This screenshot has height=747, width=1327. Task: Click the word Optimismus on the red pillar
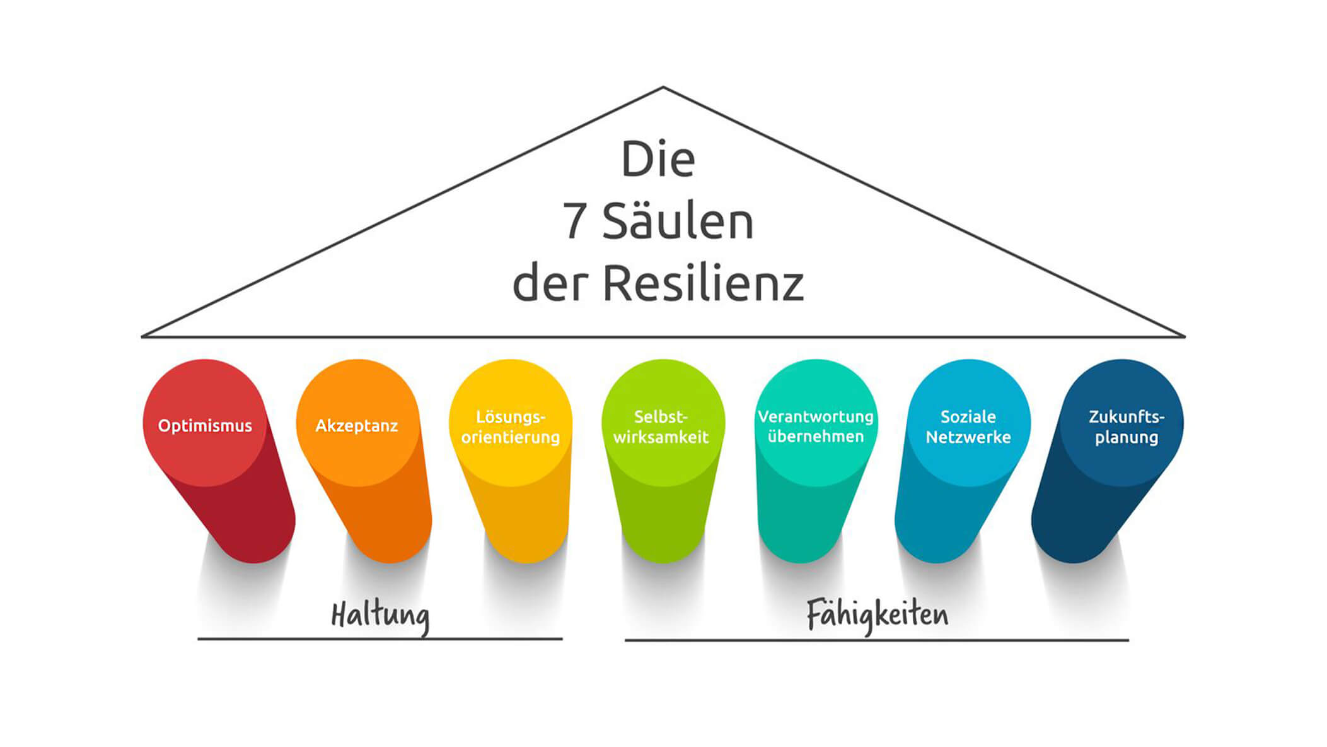205,426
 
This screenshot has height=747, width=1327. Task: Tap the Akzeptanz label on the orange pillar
357,426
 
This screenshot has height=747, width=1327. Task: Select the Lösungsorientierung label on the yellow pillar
511,426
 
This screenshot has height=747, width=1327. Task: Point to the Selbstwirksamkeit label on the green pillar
661,426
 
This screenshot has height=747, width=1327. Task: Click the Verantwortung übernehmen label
816,426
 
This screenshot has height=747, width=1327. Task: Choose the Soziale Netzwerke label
968,426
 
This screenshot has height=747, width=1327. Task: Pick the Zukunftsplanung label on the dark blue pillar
1127,426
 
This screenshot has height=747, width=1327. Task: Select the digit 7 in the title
574,221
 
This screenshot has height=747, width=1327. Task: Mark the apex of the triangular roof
663,87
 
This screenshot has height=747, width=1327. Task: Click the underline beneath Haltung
380,639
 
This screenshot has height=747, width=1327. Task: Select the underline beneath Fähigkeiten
877,640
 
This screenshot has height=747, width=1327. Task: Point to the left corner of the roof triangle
142,337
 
